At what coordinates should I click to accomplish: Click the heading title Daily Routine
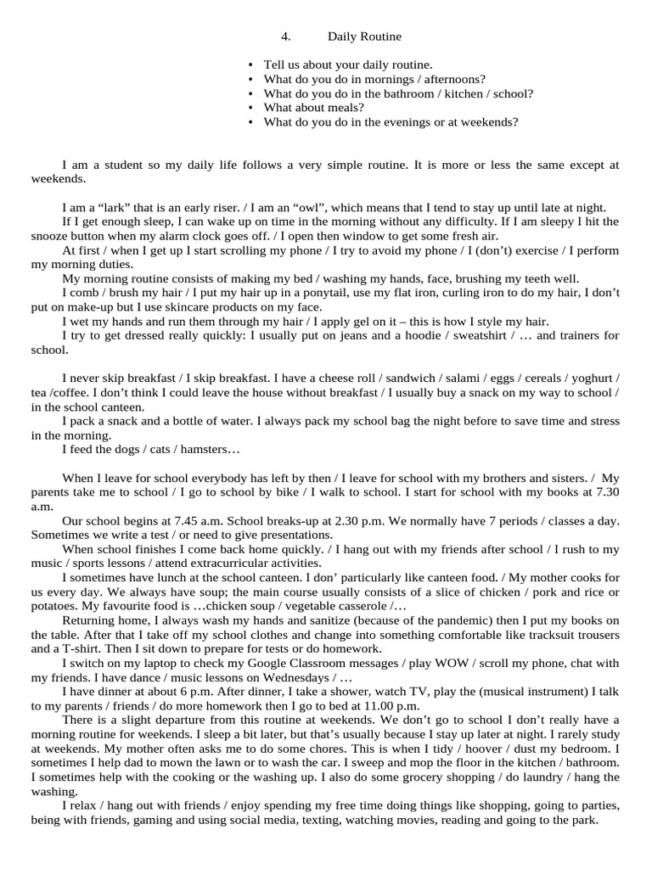point(364,36)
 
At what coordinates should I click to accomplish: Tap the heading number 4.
point(285,36)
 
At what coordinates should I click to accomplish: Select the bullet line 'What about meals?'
point(313,108)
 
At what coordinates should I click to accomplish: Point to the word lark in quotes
point(110,208)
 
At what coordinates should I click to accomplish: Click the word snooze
point(50,237)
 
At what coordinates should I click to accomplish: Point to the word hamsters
point(212,450)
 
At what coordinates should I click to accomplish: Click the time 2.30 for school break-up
point(363,522)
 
